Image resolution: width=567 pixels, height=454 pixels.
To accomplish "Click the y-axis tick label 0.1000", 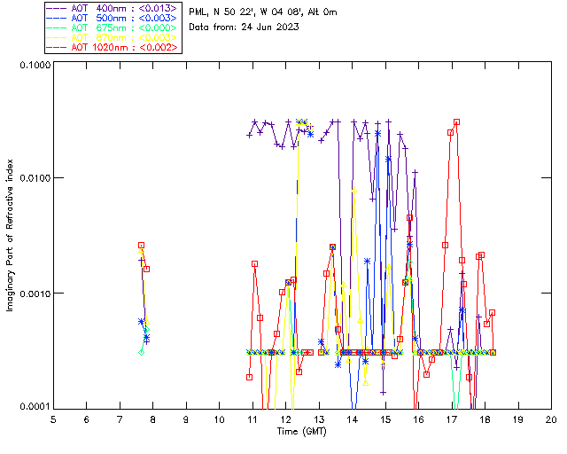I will point(34,65).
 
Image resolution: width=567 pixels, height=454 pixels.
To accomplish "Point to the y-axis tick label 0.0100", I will point(34,178).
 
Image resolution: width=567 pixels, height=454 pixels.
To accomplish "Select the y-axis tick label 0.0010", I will point(34,293).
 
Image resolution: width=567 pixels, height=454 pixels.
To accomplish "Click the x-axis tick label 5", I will point(53,419).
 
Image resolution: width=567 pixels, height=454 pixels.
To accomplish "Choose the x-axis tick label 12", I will point(285,419).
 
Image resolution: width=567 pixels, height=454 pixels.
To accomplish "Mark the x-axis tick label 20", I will point(551,419).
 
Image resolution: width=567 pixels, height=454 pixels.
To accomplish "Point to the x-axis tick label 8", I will point(152,419).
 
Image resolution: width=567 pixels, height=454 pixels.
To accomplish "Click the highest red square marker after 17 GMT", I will point(457,122).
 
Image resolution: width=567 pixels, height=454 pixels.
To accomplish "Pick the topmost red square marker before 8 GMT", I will point(141,246).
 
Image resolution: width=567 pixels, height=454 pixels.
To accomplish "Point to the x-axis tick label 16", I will point(418,419).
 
